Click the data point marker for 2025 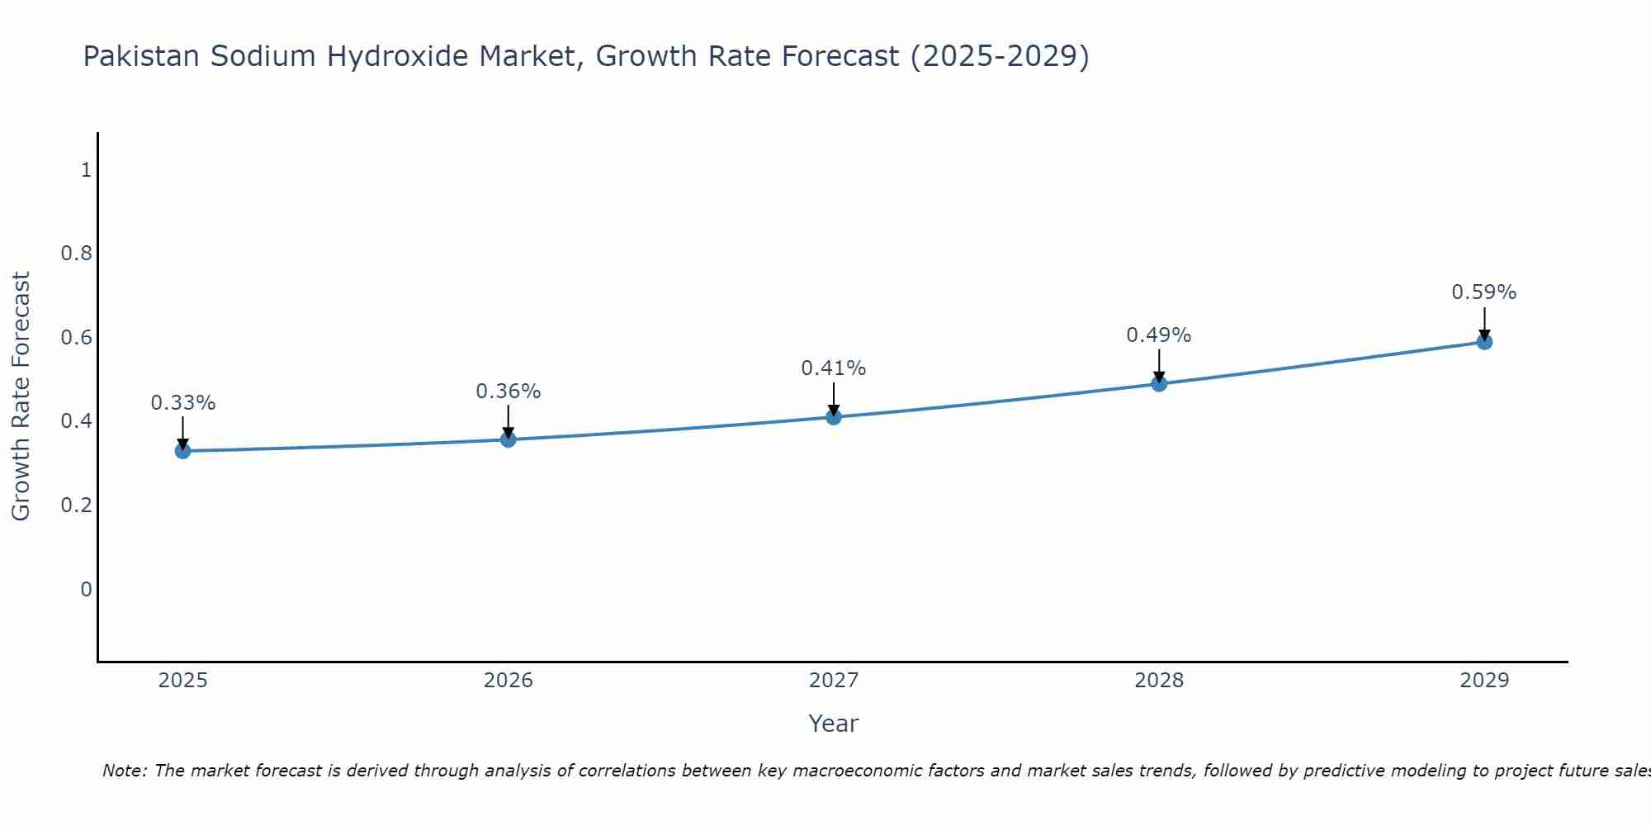183,451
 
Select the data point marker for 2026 509,439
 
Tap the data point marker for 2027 834,417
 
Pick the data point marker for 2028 1159,383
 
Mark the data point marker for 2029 1484,342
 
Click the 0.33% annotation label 183,403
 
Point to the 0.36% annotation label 509,392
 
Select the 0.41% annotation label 834,368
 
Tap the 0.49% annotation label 1159,335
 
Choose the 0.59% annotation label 1484,292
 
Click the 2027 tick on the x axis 834,681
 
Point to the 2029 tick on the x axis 1484,681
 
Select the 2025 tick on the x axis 183,681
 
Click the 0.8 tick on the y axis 76,254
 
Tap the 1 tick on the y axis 86,170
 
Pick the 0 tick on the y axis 86,589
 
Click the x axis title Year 834,724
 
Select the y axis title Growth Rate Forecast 21,396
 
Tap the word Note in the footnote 124,771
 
